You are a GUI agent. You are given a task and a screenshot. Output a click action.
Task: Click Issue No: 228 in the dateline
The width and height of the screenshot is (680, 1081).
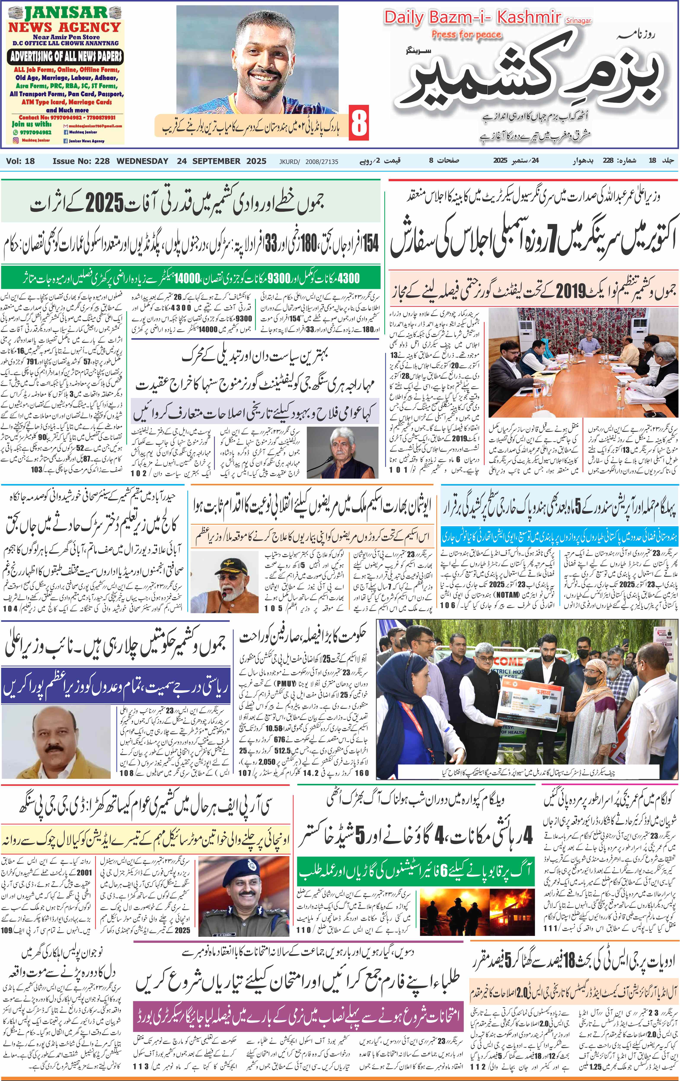tap(81, 161)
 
